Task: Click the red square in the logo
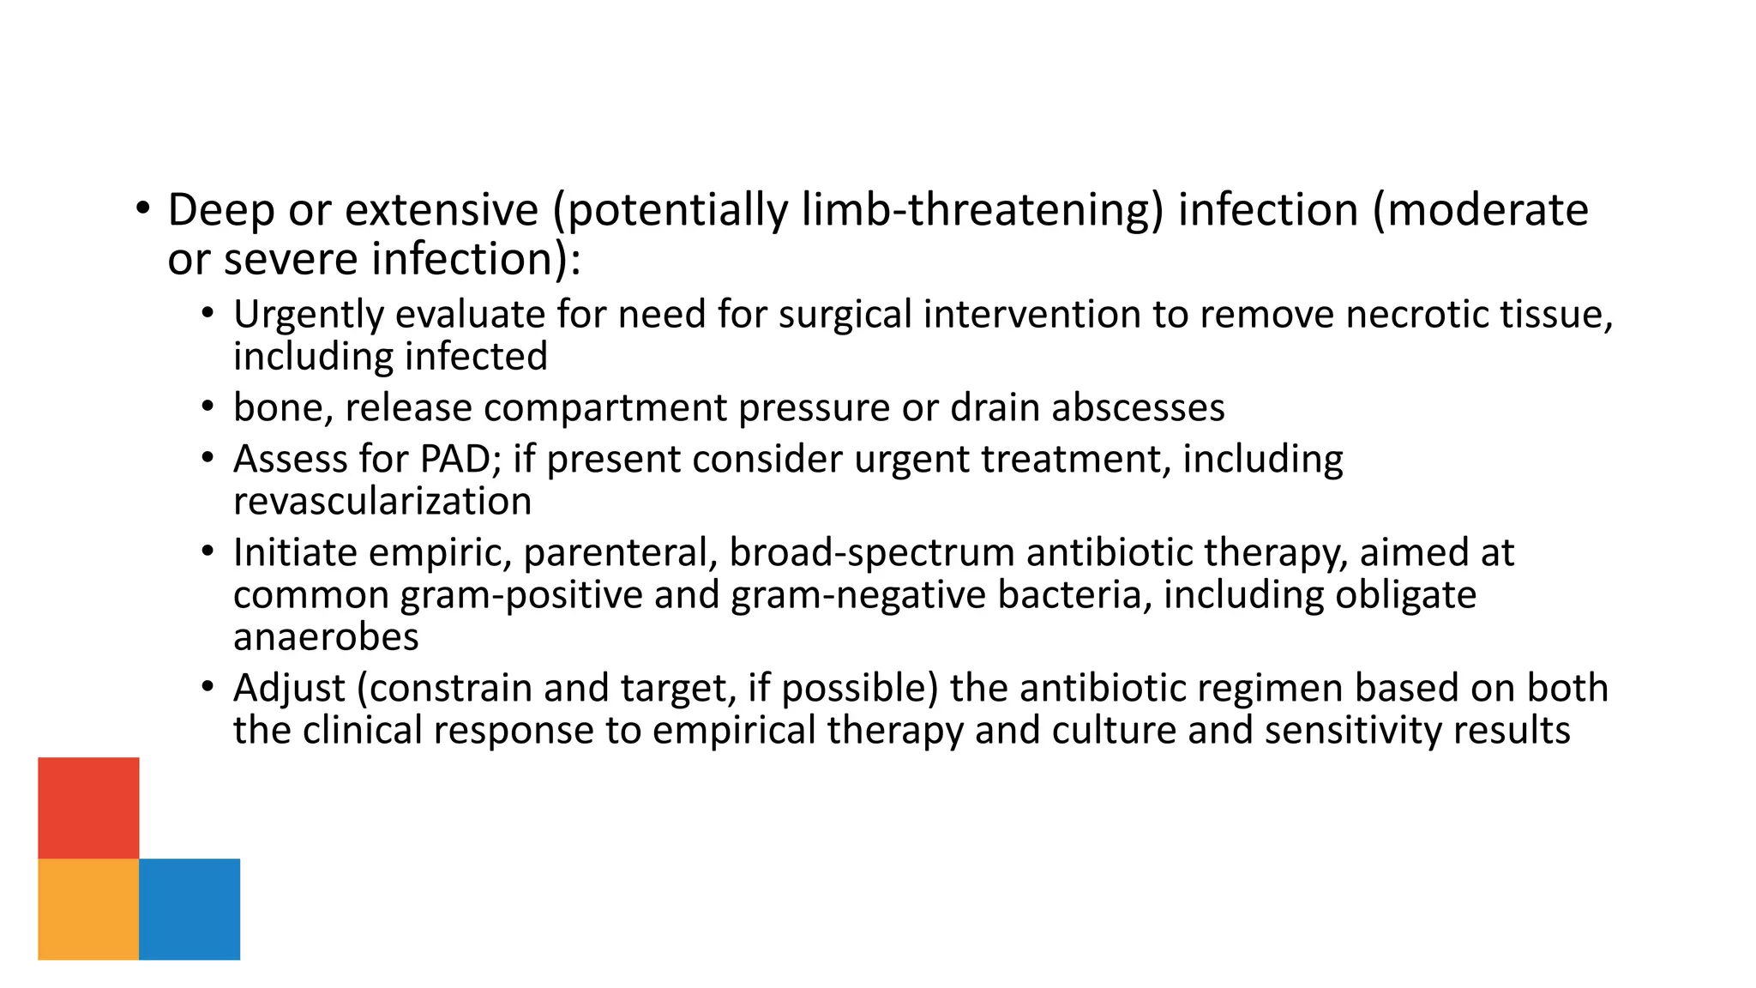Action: click(88, 807)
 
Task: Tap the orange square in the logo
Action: click(88, 908)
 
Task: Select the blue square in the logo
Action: click(189, 908)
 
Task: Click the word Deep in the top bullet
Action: click(220, 210)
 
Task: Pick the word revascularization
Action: click(382, 501)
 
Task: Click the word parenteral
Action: click(621, 552)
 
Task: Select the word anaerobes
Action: click(326, 636)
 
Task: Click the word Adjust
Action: click(289, 688)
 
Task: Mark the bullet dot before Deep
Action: click(142, 208)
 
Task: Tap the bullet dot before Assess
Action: click(207, 458)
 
